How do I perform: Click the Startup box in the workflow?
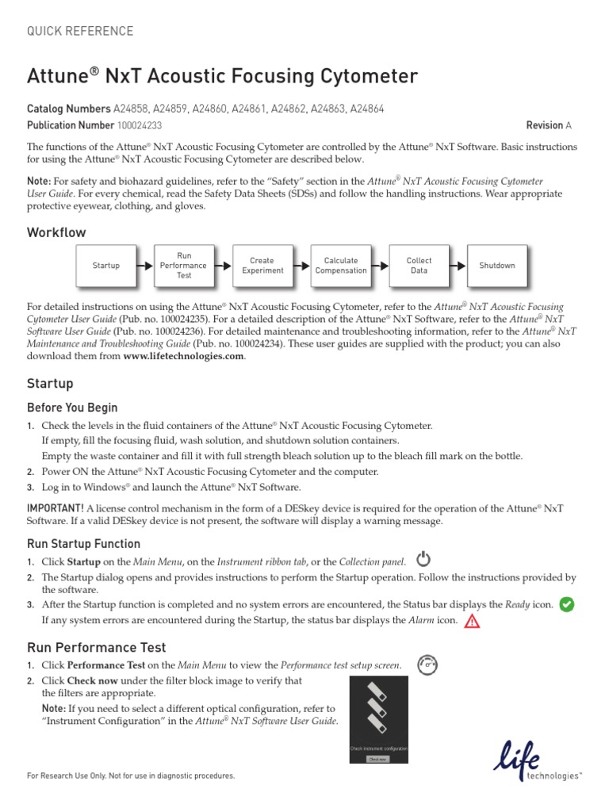tap(105, 266)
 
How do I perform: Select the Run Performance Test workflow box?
tap(184, 266)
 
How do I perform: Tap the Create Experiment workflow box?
tap(262, 266)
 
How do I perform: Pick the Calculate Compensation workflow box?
tap(341, 266)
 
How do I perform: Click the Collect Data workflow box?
tap(419, 266)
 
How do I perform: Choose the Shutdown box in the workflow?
tap(497, 266)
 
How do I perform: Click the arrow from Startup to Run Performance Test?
tap(145, 266)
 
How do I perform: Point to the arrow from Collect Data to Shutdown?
tap(458, 266)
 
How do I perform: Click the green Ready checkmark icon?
tap(567, 604)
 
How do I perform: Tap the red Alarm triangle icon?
tap(473, 621)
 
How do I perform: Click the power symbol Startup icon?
tap(424, 559)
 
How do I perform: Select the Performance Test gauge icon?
tap(428, 664)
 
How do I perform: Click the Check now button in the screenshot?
tap(378, 758)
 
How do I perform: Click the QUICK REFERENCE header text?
tap(80, 32)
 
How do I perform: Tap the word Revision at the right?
tap(544, 126)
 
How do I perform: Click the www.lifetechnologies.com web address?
tap(184, 357)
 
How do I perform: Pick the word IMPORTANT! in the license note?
tap(56, 507)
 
